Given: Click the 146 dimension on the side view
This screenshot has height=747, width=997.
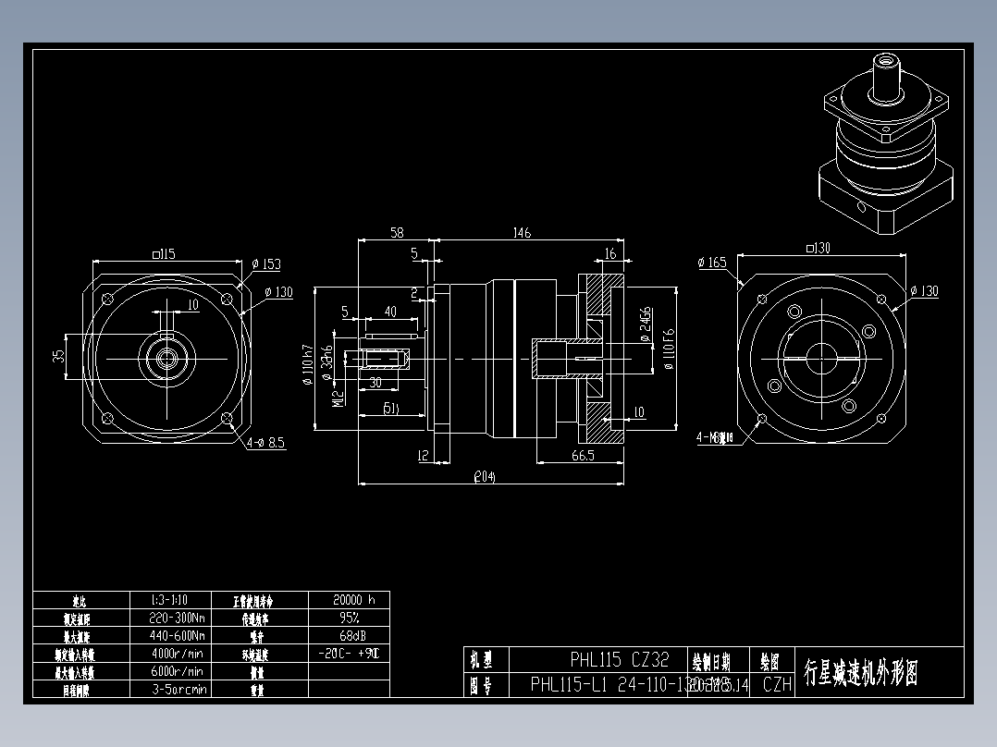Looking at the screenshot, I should pos(522,233).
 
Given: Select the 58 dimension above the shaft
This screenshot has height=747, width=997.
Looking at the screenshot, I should pos(396,233).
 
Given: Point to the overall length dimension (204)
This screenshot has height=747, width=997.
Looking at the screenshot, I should pos(485,477).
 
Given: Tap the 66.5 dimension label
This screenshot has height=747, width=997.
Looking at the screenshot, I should pos(583,456).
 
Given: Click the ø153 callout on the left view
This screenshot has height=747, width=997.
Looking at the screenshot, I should pos(266,264).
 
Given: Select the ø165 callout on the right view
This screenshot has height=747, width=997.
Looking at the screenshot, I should pos(713,263).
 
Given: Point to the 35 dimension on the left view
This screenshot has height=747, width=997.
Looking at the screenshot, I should pos(59,355).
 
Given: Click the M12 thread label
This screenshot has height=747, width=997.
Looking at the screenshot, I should pos(338,398).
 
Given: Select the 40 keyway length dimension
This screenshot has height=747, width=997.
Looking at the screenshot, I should pos(389,312).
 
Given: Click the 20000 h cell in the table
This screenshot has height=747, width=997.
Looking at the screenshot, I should pos(348,599).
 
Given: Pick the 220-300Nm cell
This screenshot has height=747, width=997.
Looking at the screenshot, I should pos(178,618).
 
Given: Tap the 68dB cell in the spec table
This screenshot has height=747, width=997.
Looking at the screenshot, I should pos(348,635).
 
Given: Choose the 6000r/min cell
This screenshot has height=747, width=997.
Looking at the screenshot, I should pos(178,671).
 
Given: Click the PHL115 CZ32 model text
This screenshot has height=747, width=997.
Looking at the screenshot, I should pos(619,660).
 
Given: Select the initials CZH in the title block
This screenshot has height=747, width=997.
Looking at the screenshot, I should pos(777,685).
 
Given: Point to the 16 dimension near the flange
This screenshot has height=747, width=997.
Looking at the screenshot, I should pos(609,253).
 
